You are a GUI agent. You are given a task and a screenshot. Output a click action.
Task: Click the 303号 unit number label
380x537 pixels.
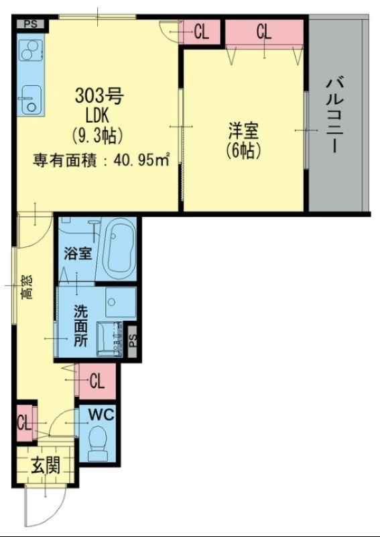(x=99, y=96)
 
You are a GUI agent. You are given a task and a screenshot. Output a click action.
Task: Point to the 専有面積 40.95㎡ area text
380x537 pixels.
(x=101, y=160)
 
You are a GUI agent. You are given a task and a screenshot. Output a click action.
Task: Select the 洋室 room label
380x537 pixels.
(x=243, y=130)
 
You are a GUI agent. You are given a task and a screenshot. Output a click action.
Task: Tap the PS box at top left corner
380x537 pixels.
(x=31, y=24)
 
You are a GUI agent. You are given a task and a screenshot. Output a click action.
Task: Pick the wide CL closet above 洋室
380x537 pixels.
(x=264, y=32)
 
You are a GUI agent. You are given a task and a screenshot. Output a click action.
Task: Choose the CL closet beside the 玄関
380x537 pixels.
(x=24, y=423)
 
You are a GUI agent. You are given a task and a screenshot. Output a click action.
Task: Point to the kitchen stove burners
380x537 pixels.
(x=31, y=51)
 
